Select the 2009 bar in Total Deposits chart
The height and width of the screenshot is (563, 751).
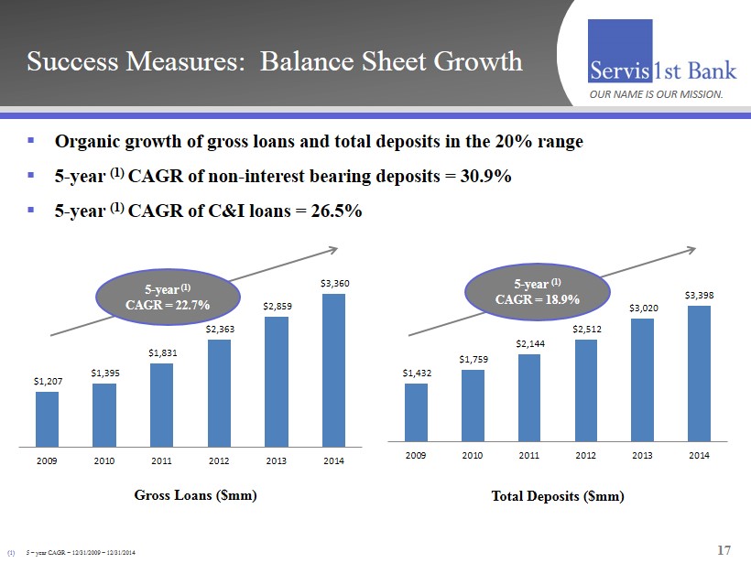(416, 412)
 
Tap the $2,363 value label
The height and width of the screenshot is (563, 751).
(218, 329)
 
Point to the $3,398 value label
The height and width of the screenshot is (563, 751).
(699, 295)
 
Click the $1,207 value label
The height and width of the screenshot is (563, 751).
(47, 381)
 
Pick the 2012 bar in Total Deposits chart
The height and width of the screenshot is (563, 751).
(585, 390)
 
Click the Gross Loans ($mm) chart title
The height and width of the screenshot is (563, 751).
(195, 495)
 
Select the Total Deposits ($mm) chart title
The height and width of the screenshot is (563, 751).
(558, 496)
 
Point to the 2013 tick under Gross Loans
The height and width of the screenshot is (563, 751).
(276, 460)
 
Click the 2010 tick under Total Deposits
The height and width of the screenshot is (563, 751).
(473, 455)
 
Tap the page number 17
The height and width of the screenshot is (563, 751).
(724, 550)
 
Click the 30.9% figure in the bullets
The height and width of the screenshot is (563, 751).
(482, 177)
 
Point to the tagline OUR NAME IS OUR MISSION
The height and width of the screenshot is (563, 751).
(656, 94)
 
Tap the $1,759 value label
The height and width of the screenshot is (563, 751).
(473, 359)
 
